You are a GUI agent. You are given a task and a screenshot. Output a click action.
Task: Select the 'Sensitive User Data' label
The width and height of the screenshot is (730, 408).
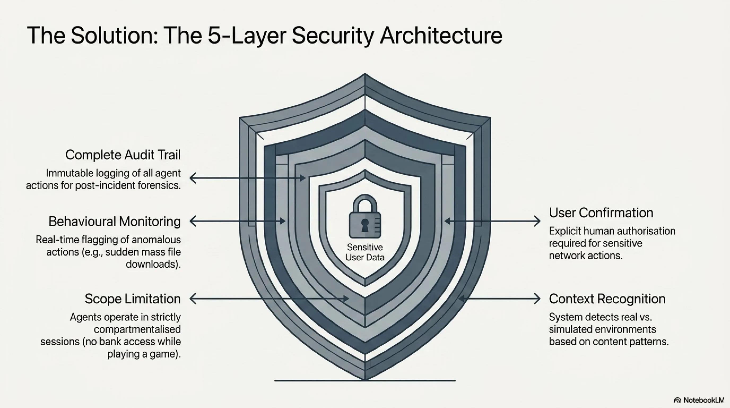pyautogui.click(x=365, y=252)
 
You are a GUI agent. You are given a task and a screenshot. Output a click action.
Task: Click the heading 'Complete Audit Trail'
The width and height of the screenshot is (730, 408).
pyautogui.click(x=123, y=155)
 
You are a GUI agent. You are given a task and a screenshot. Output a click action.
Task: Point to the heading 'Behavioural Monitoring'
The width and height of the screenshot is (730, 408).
pyautogui.click(x=115, y=221)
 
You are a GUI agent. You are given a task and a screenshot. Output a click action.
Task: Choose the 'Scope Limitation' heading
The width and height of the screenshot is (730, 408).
pyautogui.click(x=133, y=299)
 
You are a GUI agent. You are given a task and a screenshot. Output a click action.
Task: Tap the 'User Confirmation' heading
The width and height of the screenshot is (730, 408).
pyautogui.click(x=601, y=213)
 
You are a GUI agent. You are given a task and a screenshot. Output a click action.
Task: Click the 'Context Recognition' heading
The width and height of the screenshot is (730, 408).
pyautogui.click(x=607, y=299)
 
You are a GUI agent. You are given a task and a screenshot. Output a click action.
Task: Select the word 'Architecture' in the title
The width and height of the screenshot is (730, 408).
pyautogui.click(x=441, y=36)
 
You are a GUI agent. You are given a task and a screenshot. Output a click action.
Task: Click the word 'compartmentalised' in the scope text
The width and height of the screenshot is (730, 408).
pyautogui.click(x=137, y=329)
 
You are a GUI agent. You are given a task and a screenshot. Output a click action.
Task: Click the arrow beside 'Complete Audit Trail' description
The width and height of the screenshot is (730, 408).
pyautogui.click(x=247, y=178)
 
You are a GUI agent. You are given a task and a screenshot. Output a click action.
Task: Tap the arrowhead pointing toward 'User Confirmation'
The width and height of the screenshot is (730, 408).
pyautogui.click(x=537, y=221)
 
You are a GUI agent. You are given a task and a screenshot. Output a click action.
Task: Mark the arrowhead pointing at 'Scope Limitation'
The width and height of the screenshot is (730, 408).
pyautogui.click(x=193, y=299)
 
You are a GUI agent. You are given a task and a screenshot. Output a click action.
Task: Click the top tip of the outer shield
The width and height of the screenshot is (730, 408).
pyautogui.click(x=365, y=74)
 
